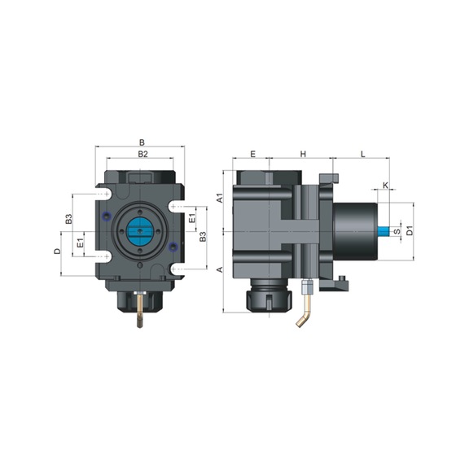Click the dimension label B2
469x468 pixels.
(142, 153)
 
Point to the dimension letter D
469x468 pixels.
(57, 251)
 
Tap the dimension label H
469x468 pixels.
(302, 153)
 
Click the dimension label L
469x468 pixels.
(362, 153)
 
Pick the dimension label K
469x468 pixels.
(385, 186)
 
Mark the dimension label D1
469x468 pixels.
(410, 231)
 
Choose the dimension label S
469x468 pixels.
(397, 232)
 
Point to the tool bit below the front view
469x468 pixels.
(140, 313)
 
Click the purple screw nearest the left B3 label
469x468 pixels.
(107, 216)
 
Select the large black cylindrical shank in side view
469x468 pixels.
(353, 231)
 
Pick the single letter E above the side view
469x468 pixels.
(252, 153)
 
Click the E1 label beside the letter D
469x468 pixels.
(79, 243)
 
